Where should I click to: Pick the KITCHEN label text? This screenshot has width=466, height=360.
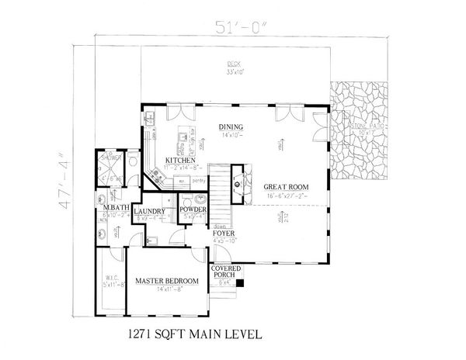(x=179, y=160)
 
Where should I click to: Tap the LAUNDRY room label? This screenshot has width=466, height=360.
(x=148, y=211)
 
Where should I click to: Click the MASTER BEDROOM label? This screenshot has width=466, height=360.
(x=167, y=280)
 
